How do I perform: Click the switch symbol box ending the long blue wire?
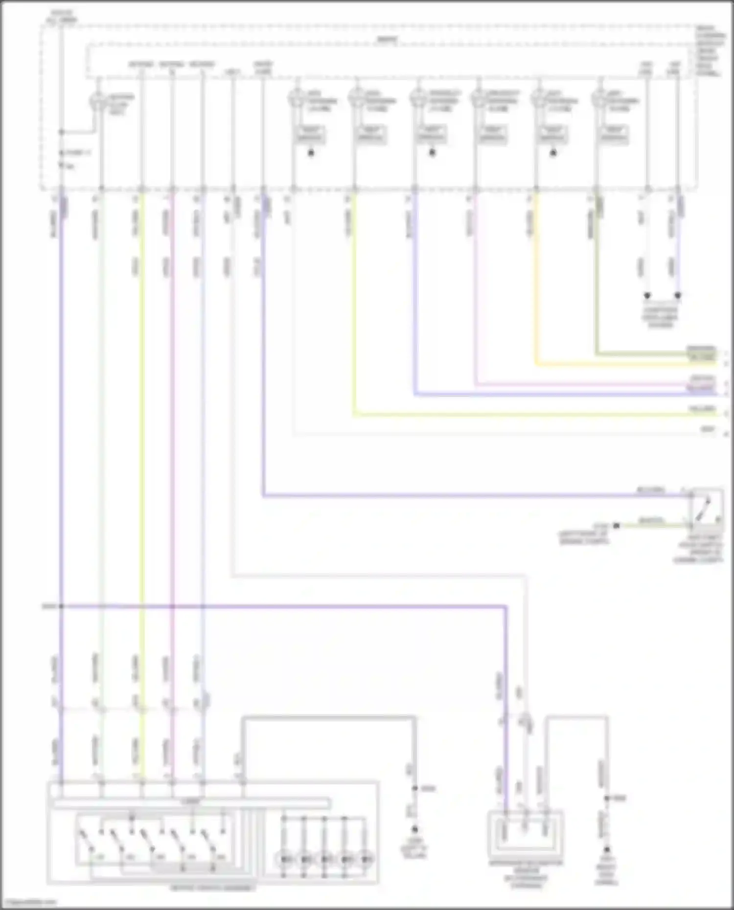pyautogui.click(x=706, y=507)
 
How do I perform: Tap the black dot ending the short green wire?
pyautogui.click(x=617, y=526)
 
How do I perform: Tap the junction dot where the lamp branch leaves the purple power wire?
pyautogui.click(x=61, y=132)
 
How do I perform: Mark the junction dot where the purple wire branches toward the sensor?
pyautogui.click(x=61, y=606)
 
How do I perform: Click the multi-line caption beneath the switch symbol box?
pyautogui.click(x=698, y=548)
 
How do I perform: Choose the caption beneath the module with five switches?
pyautogui.click(x=212, y=888)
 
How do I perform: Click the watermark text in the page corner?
pyautogui.click(x=28, y=903)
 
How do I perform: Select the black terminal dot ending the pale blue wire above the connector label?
pyautogui.click(x=678, y=295)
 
